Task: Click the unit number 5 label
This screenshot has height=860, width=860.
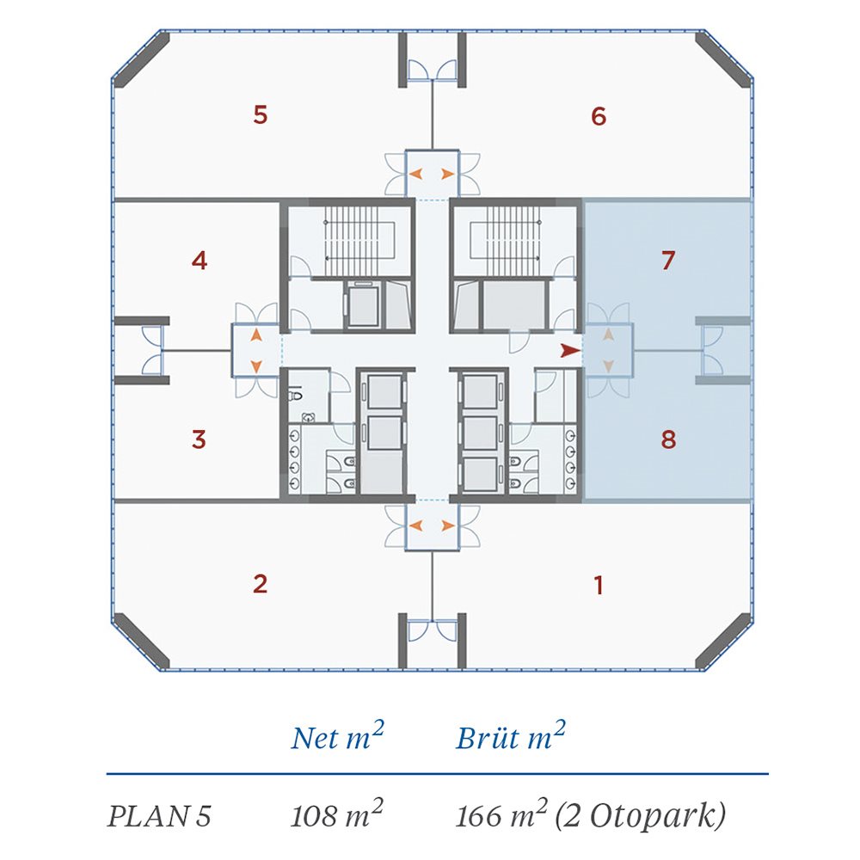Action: tap(261, 114)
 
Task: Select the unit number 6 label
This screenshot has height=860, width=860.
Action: tap(599, 116)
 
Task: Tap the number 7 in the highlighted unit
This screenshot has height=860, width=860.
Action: tap(667, 261)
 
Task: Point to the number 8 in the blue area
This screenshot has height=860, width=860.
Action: tap(668, 439)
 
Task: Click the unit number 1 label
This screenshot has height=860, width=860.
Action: tap(599, 585)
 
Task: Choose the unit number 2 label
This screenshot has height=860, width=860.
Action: tap(260, 584)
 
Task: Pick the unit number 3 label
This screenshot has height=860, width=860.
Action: tap(200, 439)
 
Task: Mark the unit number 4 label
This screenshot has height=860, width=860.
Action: tap(200, 260)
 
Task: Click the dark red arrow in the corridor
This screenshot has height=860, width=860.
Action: tap(570, 351)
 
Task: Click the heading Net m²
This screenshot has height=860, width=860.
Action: tap(337, 737)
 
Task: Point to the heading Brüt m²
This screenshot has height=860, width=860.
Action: tap(511, 737)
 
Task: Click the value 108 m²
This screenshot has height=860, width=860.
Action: tap(337, 814)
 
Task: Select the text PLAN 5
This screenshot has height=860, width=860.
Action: tap(159, 816)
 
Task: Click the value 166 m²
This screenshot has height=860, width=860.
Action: tap(502, 814)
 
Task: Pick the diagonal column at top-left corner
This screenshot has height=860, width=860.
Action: tap(142, 60)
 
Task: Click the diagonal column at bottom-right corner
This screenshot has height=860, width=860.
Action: tap(723, 642)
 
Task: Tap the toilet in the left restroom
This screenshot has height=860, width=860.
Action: tap(296, 395)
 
